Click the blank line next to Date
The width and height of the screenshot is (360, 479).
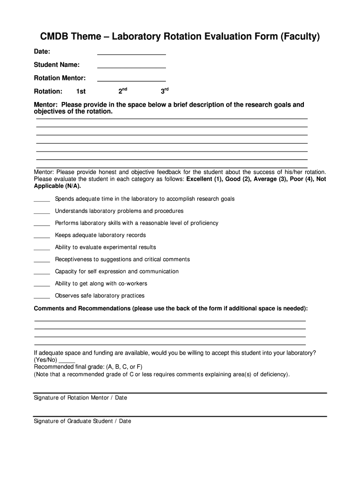(x=131, y=54)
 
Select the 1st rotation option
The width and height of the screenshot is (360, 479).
(x=81, y=91)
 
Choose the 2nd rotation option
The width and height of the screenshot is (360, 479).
(x=122, y=91)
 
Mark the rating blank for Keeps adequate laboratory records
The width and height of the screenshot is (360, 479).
(x=42, y=237)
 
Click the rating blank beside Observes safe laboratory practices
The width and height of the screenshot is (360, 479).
(x=42, y=297)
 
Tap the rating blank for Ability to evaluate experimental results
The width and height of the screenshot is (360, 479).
(x=42, y=249)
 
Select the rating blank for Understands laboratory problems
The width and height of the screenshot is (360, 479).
(x=42, y=212)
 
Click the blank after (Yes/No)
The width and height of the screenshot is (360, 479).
(x=67, y=362)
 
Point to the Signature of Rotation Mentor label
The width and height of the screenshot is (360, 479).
(x=80, y=398)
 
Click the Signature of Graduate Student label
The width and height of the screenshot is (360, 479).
(x=82, y=421)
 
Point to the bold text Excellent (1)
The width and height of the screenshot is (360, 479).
(x=204, y=179)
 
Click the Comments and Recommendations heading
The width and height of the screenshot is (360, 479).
(x=82, y=309)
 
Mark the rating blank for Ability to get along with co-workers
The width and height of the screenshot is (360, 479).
(x=42, y=285)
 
